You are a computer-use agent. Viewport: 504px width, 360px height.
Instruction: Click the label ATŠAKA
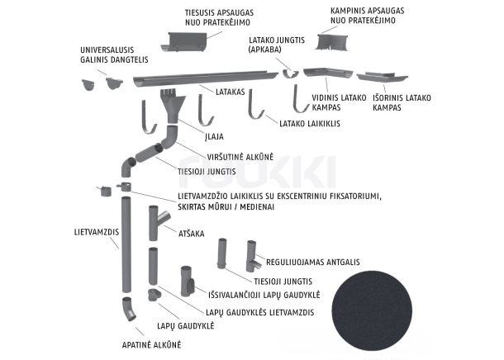point(191,234)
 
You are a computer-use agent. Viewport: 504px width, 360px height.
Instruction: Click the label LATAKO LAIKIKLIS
point(311,123)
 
